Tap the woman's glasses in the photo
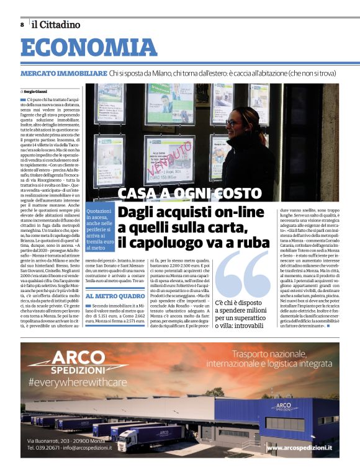point(233,122)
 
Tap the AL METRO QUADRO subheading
point(115,297)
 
